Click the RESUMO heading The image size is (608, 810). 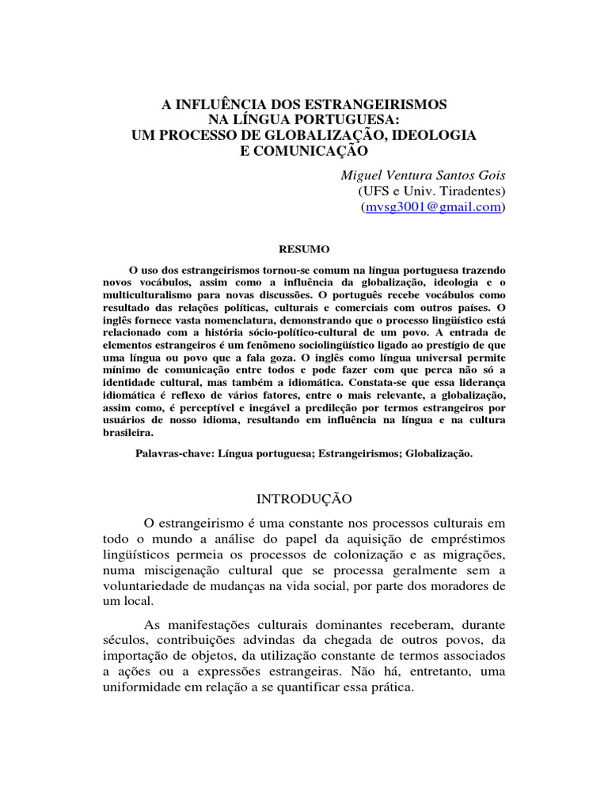[305, 248]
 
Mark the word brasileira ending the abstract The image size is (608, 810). [127, 433]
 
